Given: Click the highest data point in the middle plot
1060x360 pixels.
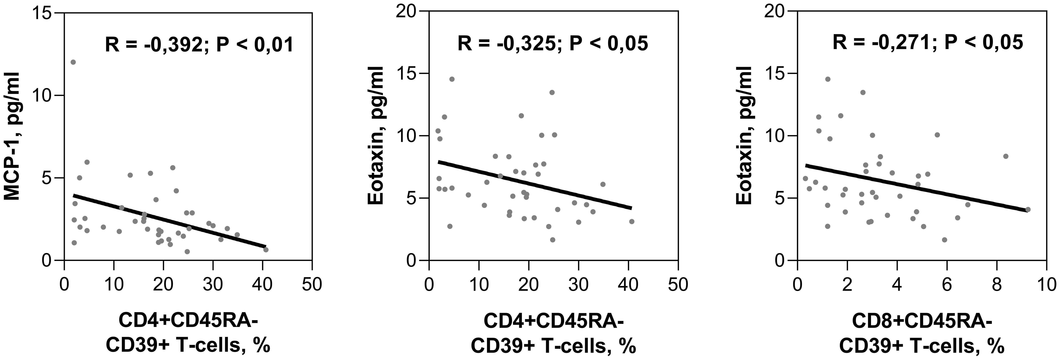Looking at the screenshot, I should (452, 79).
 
